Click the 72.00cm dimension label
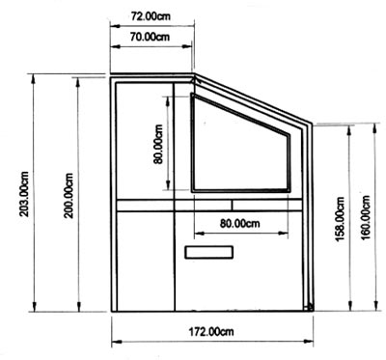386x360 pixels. [x=151, y=16]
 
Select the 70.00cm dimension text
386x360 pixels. [x=150, y=37]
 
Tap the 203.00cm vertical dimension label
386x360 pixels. [x=25, y=194]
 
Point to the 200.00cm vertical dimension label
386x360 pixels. [x=69, y=196]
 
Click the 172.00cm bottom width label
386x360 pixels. [x=211, y=331]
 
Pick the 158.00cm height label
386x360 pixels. [x=341, y=219]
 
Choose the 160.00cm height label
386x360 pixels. [x=366, y=218]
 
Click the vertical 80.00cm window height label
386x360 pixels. [x=158, y=144]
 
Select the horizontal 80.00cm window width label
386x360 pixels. [x=239, y=223]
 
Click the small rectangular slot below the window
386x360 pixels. [x=209, y=252]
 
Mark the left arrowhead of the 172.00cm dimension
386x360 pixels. [x=116, y=342]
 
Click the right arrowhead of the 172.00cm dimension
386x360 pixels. [x=309, y=342]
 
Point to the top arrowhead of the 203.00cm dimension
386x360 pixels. [x=33, y=78]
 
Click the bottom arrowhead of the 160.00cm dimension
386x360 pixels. [x=375, y=306]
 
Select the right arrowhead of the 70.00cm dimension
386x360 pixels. [x=187, y=46]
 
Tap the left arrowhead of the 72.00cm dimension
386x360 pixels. [x=115, y=26]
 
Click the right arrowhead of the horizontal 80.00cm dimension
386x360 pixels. [x=283, y=234]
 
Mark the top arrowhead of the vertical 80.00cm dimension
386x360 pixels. [x=168, y=101]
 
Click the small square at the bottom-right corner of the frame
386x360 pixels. [x=310, y=307]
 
